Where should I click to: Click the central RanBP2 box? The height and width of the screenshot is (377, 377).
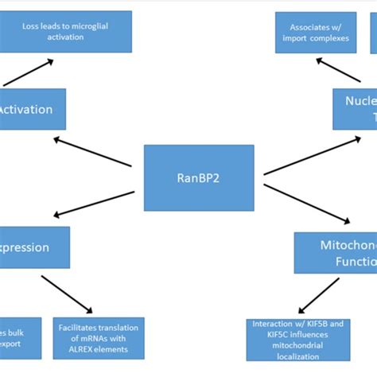(199, 177)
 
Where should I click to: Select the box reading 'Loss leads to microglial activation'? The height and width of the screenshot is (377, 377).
(76, 31)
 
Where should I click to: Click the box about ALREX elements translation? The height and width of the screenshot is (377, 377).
(98, 339)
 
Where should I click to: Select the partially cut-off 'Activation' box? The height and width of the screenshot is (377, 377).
(32, 109)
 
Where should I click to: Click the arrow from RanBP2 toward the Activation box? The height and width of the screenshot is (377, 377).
(92, 151)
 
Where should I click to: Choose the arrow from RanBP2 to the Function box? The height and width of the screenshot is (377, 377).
(306, 204)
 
